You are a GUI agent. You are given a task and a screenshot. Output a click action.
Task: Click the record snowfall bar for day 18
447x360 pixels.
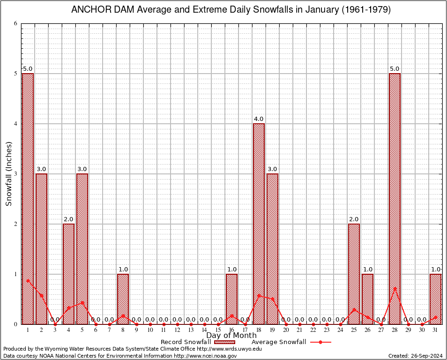click(x=259, y=224)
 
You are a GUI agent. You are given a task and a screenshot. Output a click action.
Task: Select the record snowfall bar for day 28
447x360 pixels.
click(x=395, y=198)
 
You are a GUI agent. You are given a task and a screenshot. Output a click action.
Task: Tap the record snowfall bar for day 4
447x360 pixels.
click(x=68, y=274)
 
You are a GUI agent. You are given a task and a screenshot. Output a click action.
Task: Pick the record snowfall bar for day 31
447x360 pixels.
click(x=436, y=299)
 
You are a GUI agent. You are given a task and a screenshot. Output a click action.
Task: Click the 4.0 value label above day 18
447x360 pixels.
click(x=259, y=119)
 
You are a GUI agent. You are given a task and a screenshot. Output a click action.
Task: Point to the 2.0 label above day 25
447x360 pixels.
click(x=354, y=219)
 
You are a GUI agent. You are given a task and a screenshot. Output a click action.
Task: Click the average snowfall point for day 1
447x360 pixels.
click(x=28, y=280)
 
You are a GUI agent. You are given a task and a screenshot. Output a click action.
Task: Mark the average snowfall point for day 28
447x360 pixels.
click(x=395, y=288)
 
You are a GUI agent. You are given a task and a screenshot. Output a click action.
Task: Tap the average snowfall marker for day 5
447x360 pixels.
click(x=82, y=302)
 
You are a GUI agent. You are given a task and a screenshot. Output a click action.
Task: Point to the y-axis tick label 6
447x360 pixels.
click(x=15, y=23)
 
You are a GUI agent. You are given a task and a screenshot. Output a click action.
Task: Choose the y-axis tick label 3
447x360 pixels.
click(x=15, y=174)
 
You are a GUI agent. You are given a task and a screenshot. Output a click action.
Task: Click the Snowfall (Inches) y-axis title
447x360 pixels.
click(x=8, y=174)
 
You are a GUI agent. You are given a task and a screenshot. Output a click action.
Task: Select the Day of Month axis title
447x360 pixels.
click(x=231, y=336)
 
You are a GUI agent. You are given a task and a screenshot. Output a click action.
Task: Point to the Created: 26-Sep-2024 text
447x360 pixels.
click(x=415, y=356)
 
